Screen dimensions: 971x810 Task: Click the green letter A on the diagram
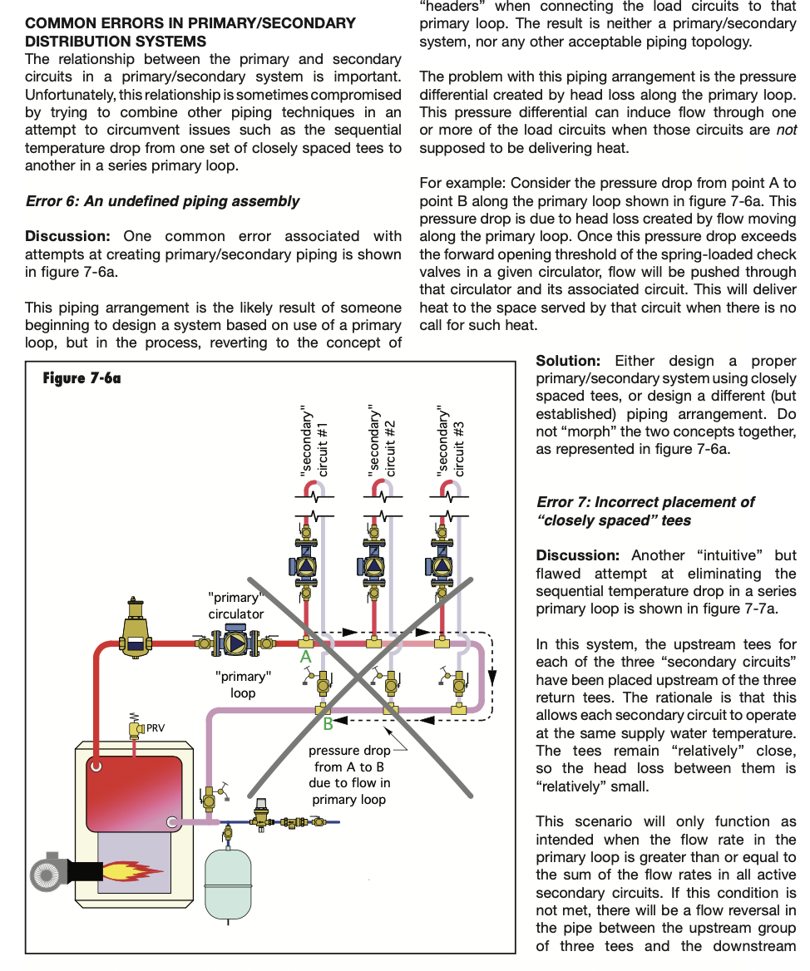coord(305,657)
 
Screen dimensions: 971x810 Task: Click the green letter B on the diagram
coord(328,724)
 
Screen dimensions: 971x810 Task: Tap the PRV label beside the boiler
coord(156,728)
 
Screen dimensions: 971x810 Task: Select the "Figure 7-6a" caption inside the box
coord(81,379)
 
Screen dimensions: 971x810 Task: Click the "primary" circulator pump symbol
coord(236,642)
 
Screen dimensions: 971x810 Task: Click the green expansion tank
coord(228,880)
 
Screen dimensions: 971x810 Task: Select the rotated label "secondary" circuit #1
coord(315,441)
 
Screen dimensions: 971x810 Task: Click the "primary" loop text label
coord(243,685)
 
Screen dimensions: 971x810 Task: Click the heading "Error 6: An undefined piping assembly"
coord(162,201)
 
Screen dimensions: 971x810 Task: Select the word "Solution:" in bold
coord(568,361)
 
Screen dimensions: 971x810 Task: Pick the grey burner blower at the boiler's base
coord(52,872)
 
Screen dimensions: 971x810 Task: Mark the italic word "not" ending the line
coord(786,131)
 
